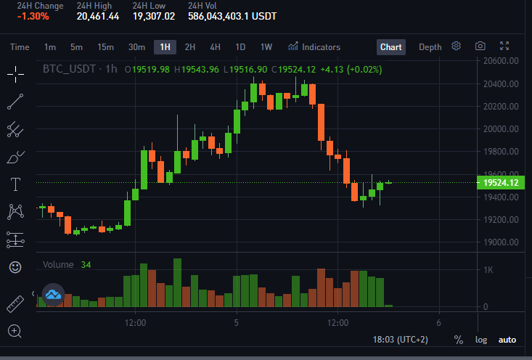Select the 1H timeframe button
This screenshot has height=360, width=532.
pyautogui.click(x=165, y=47)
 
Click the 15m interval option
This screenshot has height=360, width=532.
pyautogui.click(x=105, y=47)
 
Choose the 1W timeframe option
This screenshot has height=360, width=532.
pyautogui.click(x=266, y=47)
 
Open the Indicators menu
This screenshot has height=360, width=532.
pyautogui.click(x=314, y=47)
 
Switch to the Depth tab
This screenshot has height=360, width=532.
pyautogui.click(x=430, y=47)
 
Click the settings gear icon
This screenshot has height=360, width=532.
pyautogui.click(x=456, y=46)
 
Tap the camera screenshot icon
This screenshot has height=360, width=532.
pyautogui.click(x=480, y=46)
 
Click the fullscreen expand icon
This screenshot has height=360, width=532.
pyautogui.click(x=504, y=46)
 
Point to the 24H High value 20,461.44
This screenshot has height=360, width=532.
pyautogui.click(x=98, y=16)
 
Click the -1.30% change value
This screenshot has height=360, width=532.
pyautogui.click(x=33, y=16)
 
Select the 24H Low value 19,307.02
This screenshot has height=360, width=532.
pyautogui.click(x=154, y=16)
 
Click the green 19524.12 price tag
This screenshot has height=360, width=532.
pyautogui.click(x=501, y=183)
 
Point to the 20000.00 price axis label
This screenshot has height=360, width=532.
pyautogui.click(x=501, y=129)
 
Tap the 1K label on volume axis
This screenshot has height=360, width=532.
pyautogui.click(x=488, y=270)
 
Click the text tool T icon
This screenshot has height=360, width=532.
pyautogui.click(x=16, y=184)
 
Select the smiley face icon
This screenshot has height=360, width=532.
pyautogui.click(x=15, y=267)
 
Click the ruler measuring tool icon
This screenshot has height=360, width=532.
pyautogui.click(x=15, y=303)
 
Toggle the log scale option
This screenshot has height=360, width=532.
pyautogui.click(x=481, y=340)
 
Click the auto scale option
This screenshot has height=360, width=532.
pyautogui.click(x=507, y=340)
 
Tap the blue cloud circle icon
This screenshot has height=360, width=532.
pyautogui.click(x=53, y=295)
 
